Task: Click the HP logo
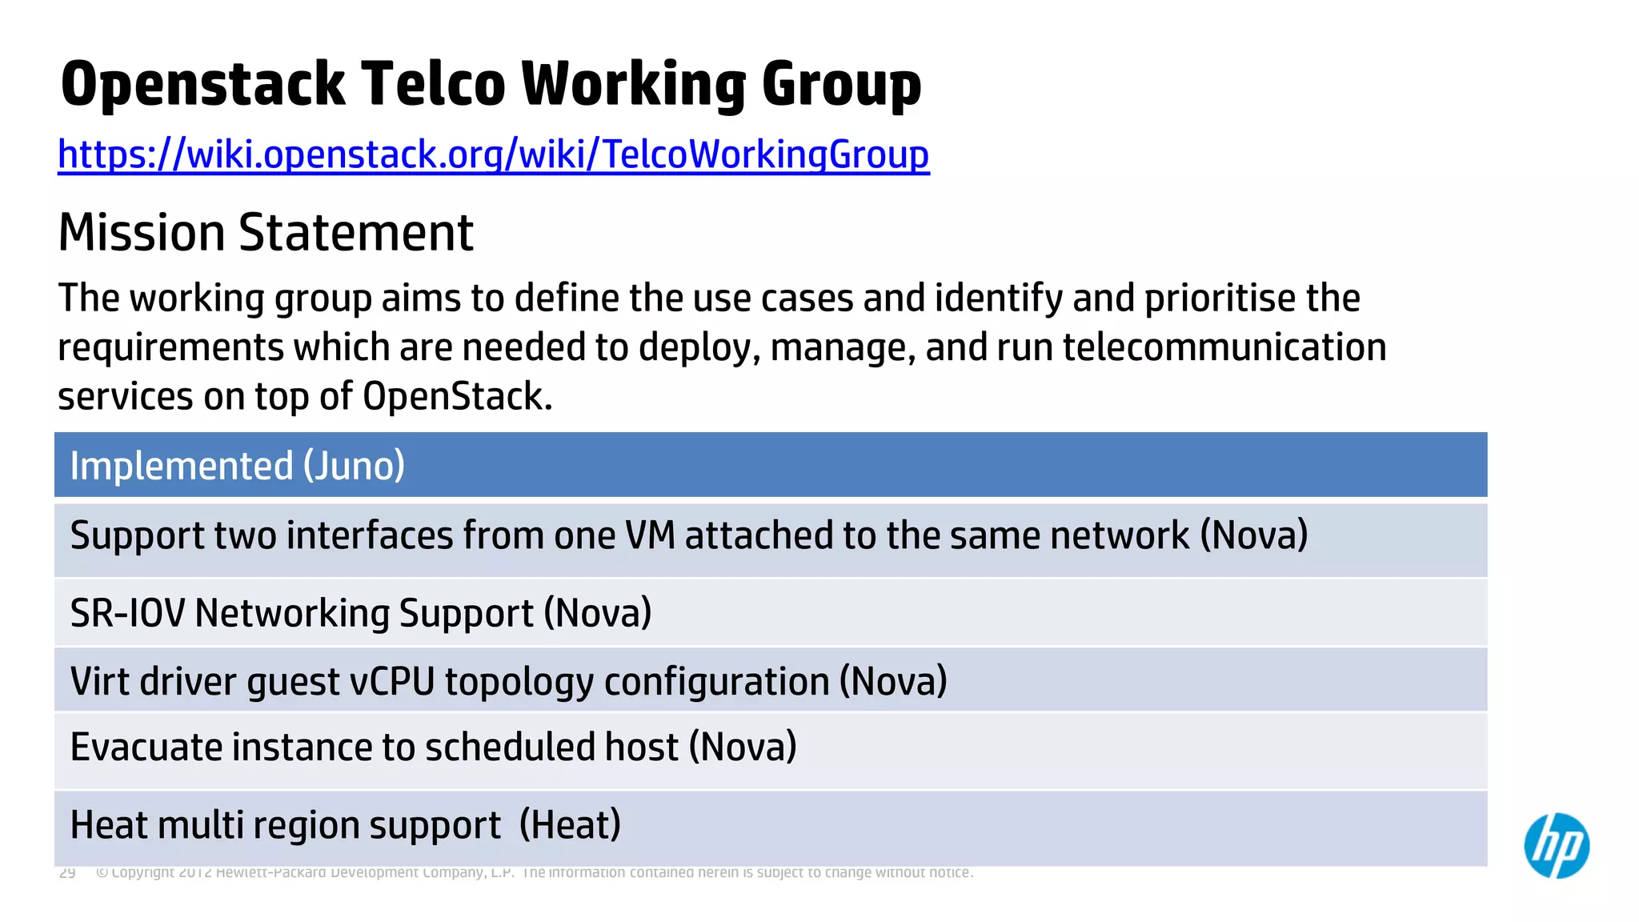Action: point(1556,845)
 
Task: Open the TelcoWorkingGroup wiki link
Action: point(493,154)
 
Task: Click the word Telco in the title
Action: point(432,83)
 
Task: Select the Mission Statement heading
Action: point(266,233)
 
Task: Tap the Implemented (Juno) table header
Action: point(237,466)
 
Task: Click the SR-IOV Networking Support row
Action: point(360,614)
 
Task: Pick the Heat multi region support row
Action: point(344,825)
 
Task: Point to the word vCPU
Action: point(392,682)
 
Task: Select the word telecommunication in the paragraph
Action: point(1224,347)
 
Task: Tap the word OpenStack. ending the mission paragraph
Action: point(457,396)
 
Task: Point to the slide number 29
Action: point(67,872)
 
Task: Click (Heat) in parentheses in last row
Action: point(570,825)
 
